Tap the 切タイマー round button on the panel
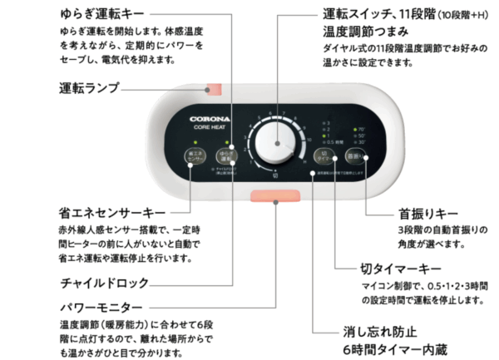(x=327, y=156)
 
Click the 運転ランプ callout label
(x=89, y=87)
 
